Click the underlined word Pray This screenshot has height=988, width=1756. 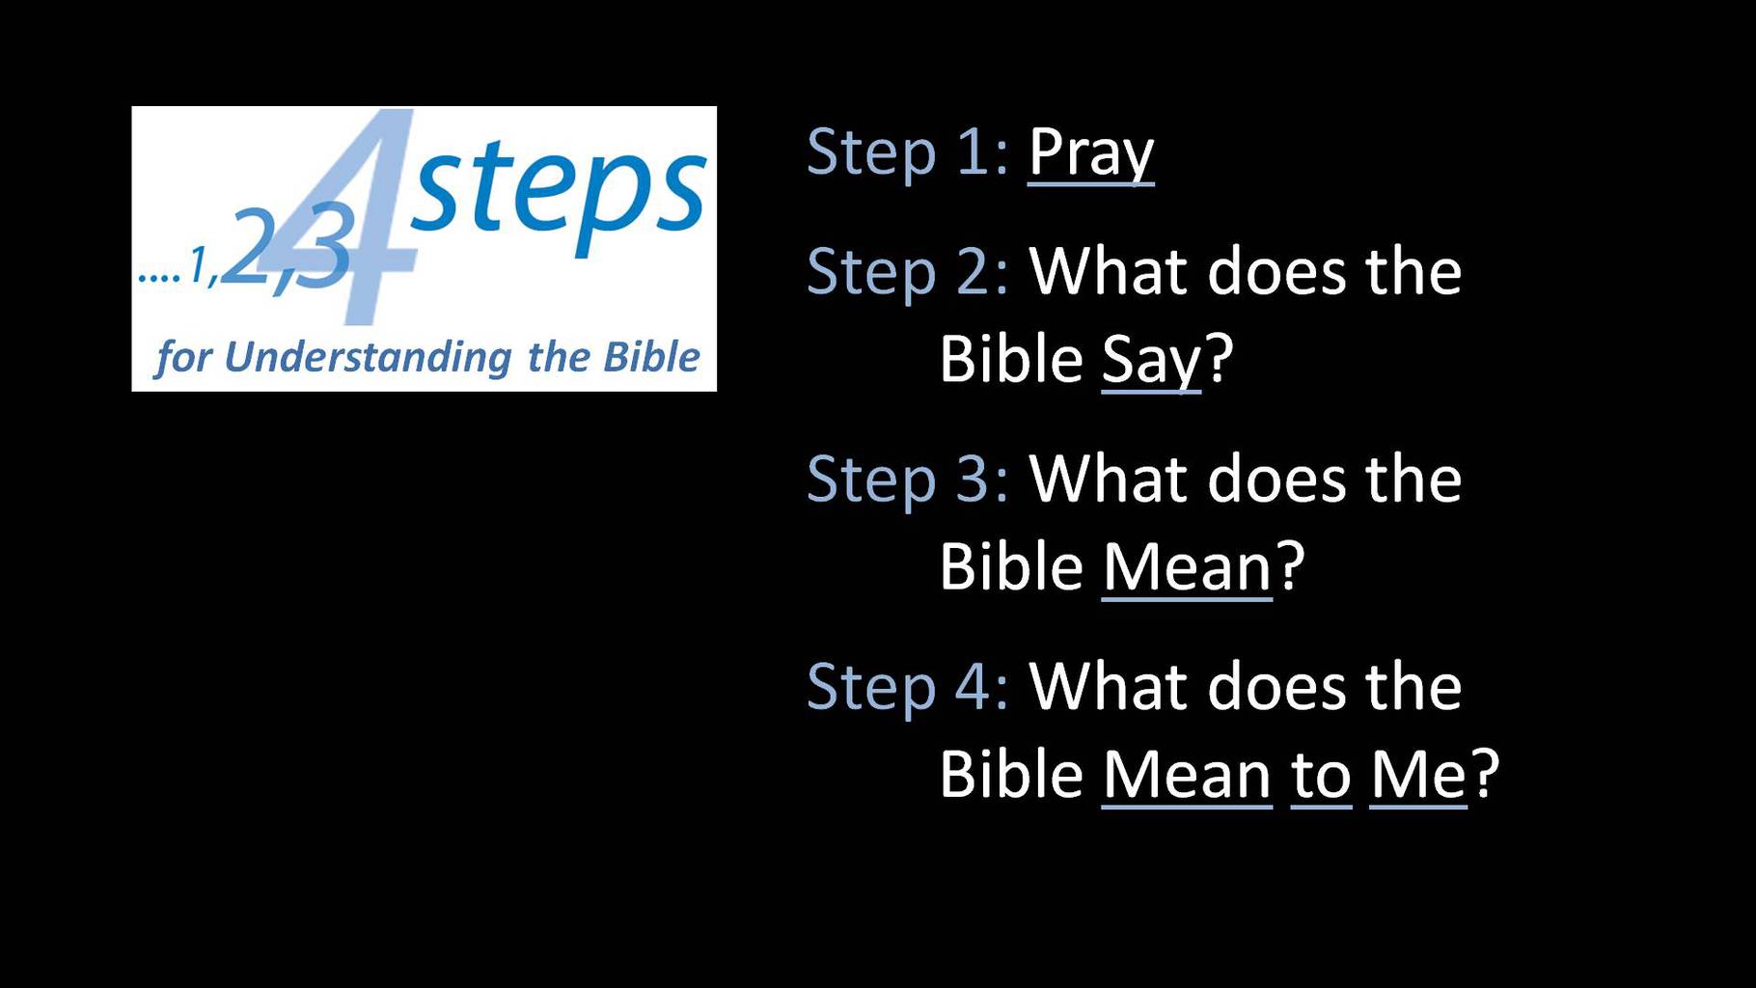[x=1091, y=153]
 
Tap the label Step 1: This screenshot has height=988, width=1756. [x=908, y=152]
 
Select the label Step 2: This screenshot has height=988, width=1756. [x=908, y=271]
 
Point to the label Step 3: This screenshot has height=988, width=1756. [x=908, y=479]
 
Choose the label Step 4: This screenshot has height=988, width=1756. [x=908, y=686]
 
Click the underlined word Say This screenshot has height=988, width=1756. [x=1151, y=361]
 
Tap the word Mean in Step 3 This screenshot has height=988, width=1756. [x=1187, y=566]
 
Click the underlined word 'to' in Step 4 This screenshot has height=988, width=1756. [x=1321, y=776]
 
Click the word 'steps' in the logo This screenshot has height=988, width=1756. [x=559, y=192]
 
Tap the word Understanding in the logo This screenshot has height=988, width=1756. [x=368, y=358]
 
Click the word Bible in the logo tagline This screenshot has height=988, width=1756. [x=651, y=357]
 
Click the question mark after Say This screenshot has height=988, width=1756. [x=1220, y=358]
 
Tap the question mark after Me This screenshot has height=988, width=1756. [x=1486, y=773]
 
